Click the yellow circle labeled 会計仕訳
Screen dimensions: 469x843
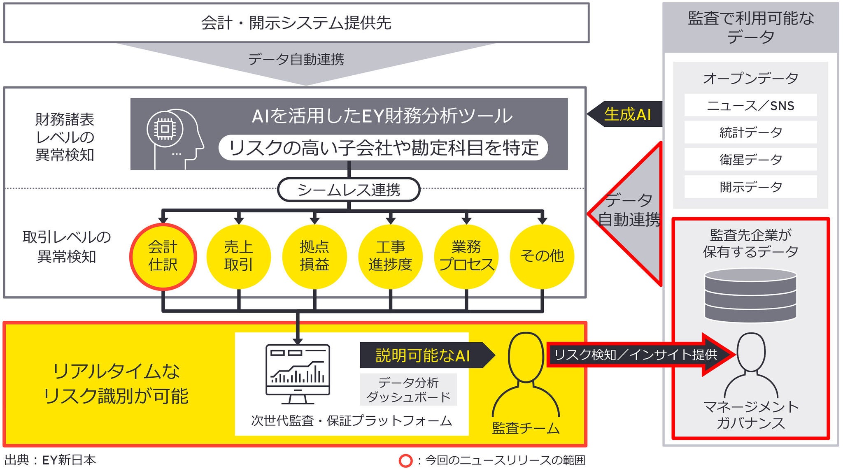tap(163, 256)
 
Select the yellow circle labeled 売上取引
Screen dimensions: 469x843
tap(239, 256)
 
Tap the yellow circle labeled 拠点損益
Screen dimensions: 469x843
tap(314, 256)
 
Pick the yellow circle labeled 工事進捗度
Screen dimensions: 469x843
tap(390, 256)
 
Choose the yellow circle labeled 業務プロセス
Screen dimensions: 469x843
tap(466, 256)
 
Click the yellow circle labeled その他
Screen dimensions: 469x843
tap(542, 256)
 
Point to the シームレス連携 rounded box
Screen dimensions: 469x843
tap(349, 190)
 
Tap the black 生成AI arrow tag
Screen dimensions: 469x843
tap(626, 114)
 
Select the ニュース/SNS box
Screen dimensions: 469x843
tap(750, 105)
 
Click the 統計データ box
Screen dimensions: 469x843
tap(750, 132)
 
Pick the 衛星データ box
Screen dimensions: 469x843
tap(750, 160)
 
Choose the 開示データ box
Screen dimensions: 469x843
tap(750, 187)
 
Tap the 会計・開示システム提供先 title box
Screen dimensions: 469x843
tap(296, 23)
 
